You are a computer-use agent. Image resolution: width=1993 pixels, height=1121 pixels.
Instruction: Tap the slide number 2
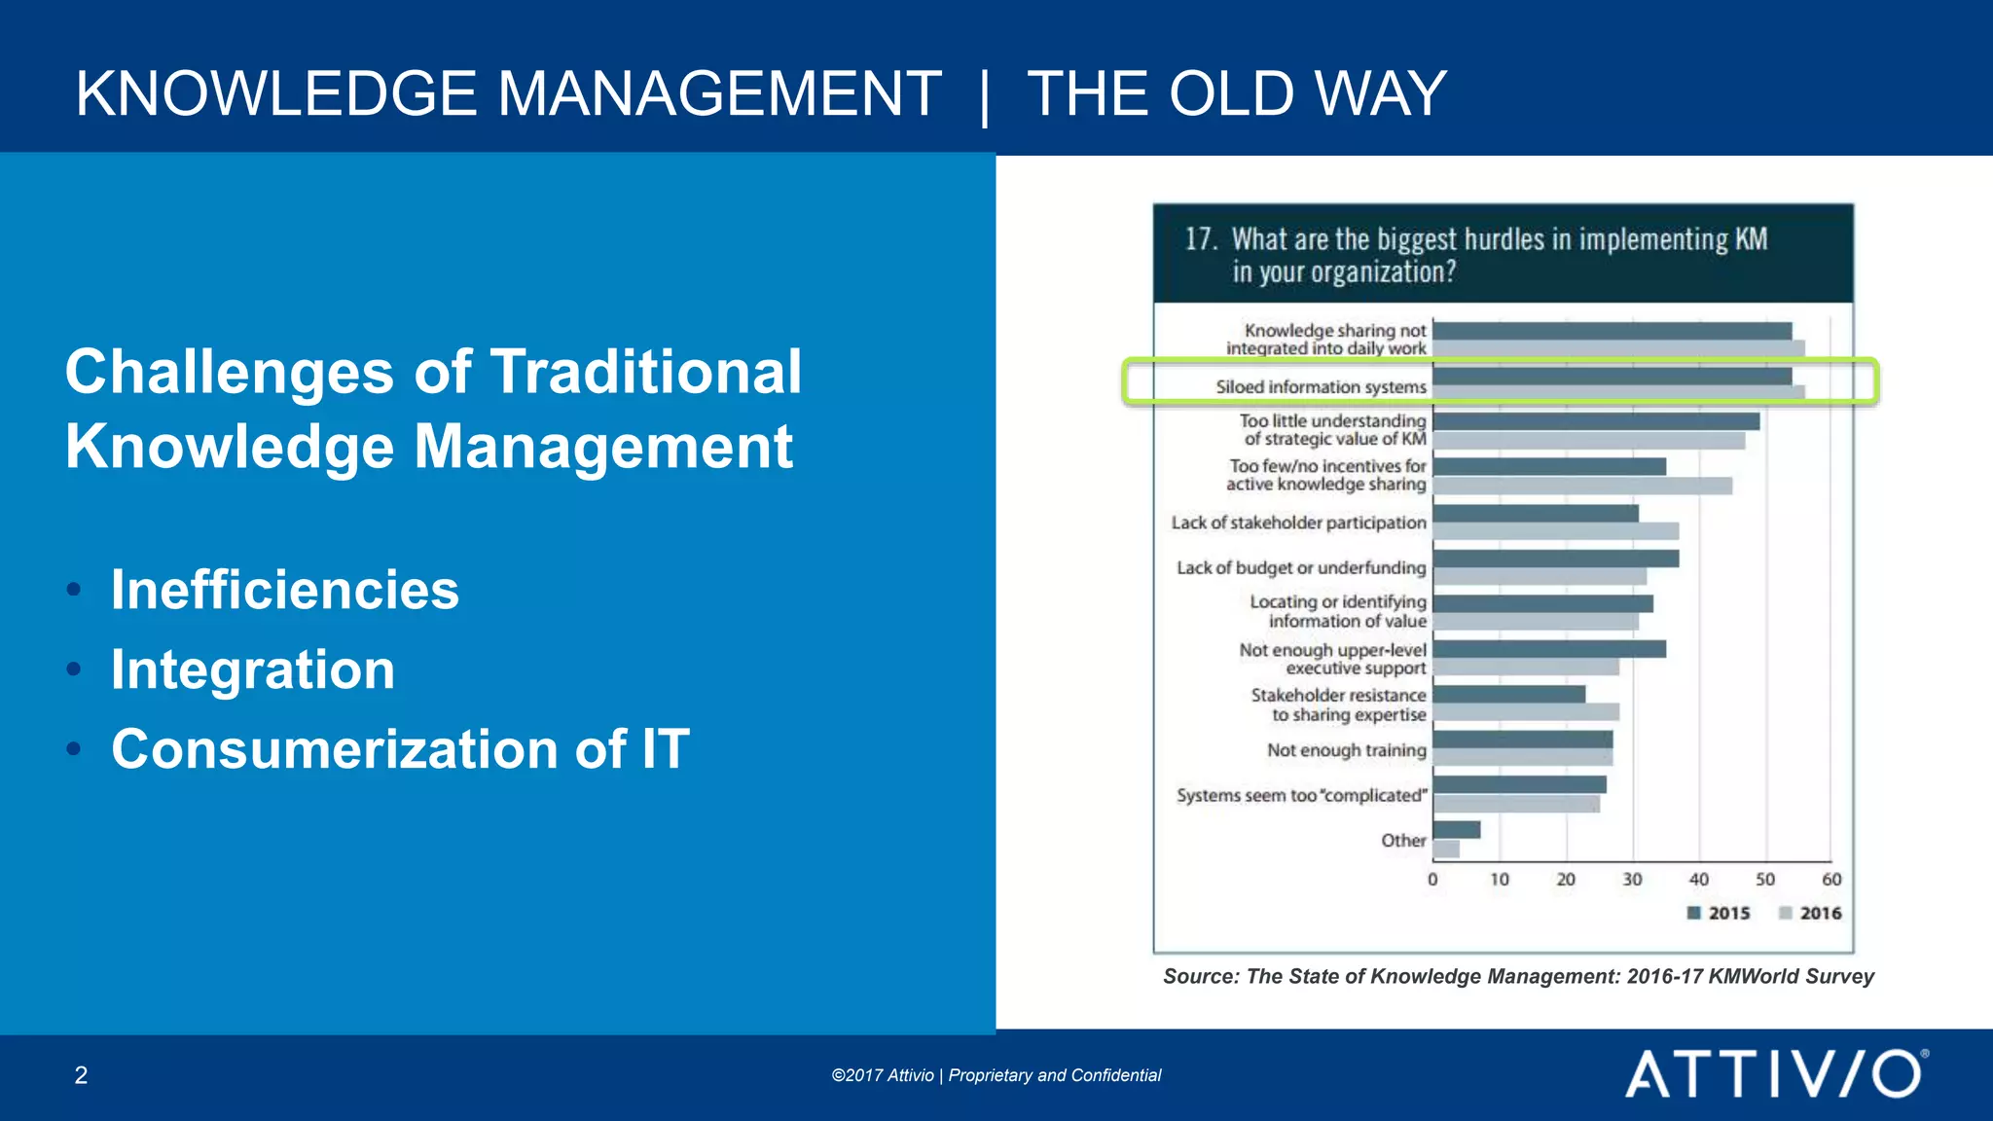pos(81,1075)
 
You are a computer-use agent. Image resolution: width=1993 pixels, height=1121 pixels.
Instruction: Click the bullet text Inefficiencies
pos(284,590)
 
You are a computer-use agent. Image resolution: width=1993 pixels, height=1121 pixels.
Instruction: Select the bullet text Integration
pos(253,669)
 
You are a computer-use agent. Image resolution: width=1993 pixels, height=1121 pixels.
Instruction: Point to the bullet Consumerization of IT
pos(400,749)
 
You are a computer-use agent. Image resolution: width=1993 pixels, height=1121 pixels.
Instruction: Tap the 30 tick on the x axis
pos(1632,880)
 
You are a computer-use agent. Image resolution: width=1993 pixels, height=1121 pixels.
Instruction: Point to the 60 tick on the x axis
pos(1831,880)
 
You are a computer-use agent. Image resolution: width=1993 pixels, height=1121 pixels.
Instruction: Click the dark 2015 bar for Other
pos(1457,829)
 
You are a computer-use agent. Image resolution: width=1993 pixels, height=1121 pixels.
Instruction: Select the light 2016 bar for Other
pos(1446,849)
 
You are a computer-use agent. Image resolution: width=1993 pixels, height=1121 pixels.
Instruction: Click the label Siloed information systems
pos(1321,387)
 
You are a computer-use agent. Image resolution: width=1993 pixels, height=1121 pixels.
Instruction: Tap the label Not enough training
pos(1346,750)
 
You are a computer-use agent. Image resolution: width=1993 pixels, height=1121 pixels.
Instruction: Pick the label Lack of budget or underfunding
pos(1301,568)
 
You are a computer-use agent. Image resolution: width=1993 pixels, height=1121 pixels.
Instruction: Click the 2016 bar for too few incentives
pos(1582,486)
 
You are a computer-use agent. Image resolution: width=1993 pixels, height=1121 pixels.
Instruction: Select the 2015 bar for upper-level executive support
pos(1549,649)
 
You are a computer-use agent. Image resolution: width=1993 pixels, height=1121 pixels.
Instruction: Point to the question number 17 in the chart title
pos(1199,239)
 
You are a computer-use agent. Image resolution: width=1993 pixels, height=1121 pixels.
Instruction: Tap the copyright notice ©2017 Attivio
pos(883,1075)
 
